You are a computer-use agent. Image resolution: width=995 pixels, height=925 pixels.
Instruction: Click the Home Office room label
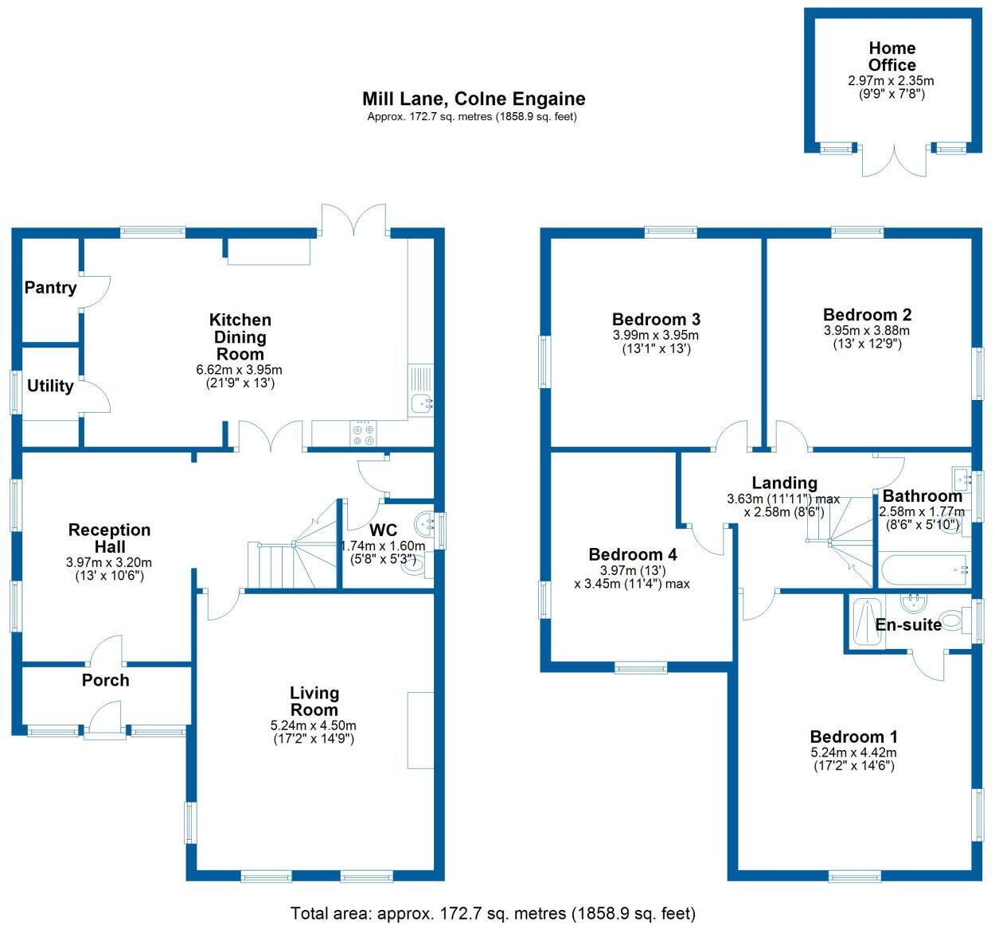coord(892,56)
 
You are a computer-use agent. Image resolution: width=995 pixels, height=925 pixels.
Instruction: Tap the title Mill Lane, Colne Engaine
coord(474,99)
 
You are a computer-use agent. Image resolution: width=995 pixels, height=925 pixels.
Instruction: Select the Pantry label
coord(50,287)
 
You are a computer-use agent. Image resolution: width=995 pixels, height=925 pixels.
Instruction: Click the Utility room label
coord(50,386)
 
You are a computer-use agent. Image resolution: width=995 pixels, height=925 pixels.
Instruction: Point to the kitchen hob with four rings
coord(363,433)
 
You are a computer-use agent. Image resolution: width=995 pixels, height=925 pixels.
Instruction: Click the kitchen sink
coord(421,403)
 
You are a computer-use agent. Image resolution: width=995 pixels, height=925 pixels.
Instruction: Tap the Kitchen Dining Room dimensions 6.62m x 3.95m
coord(239,370)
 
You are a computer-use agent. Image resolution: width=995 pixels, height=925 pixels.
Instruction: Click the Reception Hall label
coord(109,538)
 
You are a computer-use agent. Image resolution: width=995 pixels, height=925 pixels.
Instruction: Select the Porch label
coord(105,680)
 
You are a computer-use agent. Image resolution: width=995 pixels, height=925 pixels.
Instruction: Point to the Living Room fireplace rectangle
coord(420,730)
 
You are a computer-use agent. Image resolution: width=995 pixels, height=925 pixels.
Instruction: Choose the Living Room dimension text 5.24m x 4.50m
coord(314,725)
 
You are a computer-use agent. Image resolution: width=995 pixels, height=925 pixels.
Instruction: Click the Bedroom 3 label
coord(656,319)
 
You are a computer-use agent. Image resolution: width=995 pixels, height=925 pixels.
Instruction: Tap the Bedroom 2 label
coord(867,315)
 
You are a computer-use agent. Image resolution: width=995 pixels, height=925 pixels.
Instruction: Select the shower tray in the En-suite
coord(861,621)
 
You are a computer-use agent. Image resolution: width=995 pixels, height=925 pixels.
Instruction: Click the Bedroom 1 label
coord(853,737)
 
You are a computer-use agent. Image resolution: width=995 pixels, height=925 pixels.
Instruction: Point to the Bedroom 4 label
coord(632,554)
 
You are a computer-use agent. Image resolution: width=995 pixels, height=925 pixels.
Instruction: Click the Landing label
coord(784,483)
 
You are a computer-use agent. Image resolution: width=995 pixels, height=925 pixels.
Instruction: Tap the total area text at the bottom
coord(493,913)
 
